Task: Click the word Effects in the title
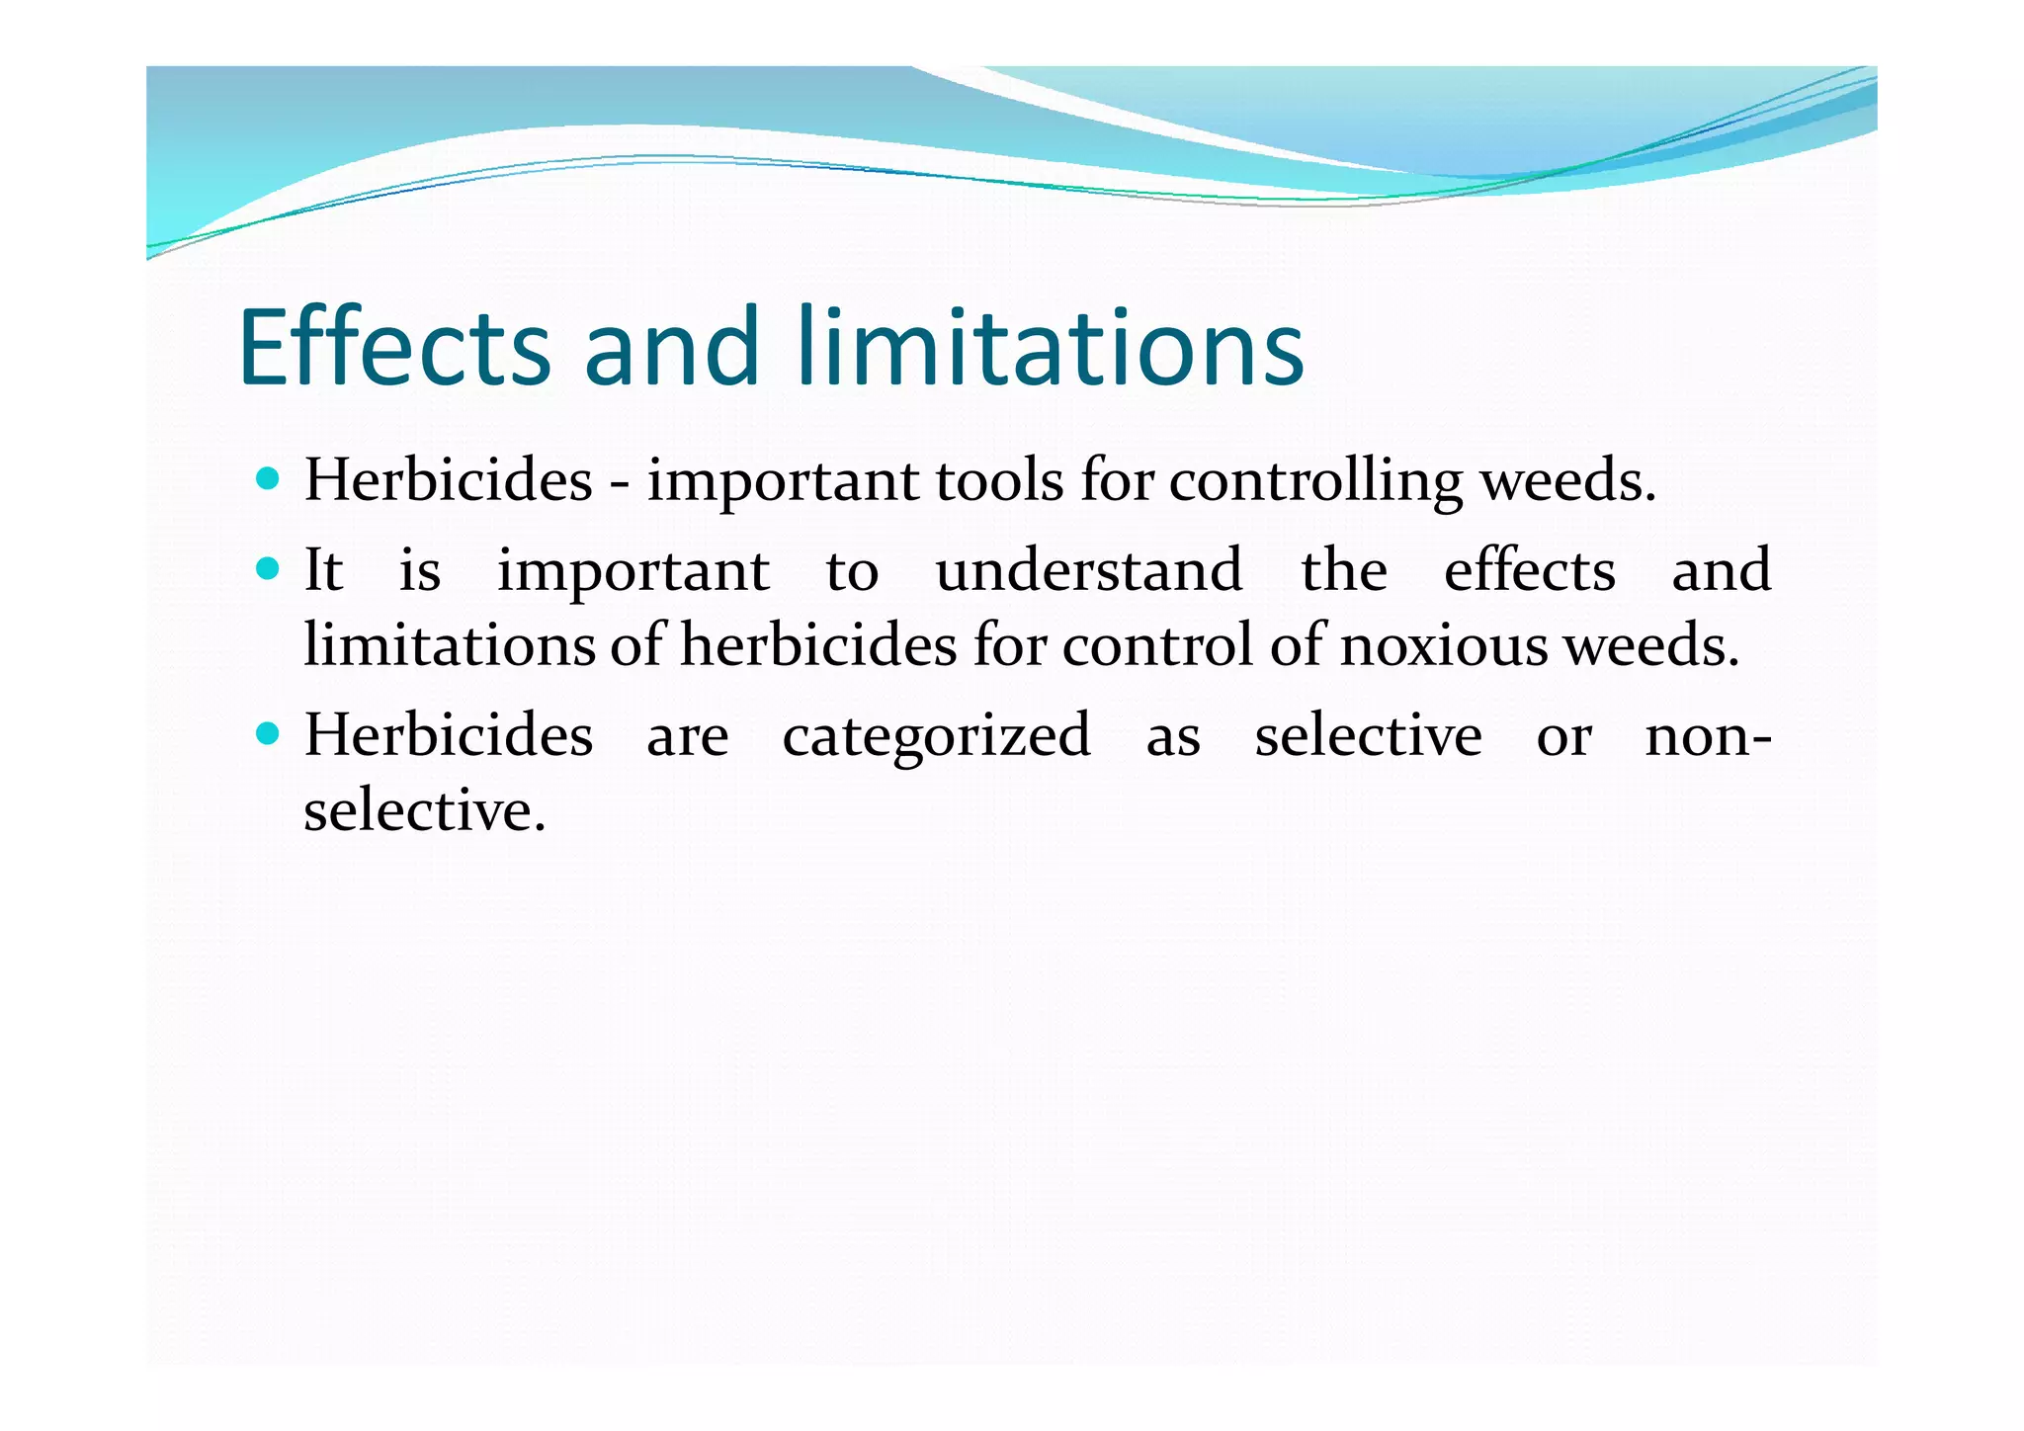point(393,347)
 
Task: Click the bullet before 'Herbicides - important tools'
point(267,480)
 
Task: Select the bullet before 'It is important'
point(267,569)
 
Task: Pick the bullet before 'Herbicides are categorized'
point(267,734)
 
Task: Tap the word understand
point(1089,570)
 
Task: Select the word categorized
point(937,736)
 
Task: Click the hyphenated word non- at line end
point(1708,736)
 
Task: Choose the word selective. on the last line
point(424,811)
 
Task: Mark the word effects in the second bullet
point(1529,570)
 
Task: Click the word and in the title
point(671,347)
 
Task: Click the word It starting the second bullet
point(323,570)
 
